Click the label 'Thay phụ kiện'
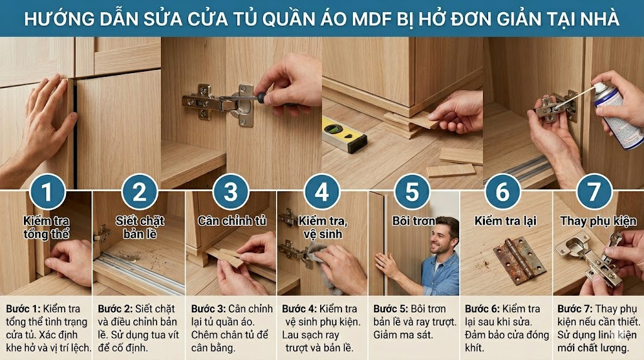pos(598,221)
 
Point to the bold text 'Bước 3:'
pos(208,309)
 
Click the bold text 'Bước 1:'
pos(23,309)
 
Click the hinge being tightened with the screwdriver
pos(217,102)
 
